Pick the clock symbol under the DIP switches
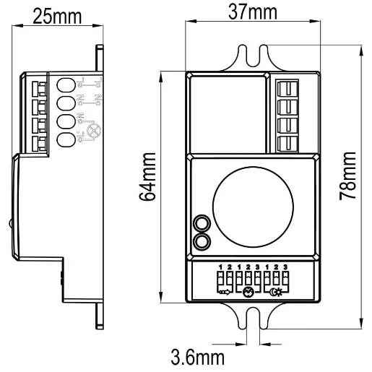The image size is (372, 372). [x=248, y=293]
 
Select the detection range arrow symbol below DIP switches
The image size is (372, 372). [x=225, y=293]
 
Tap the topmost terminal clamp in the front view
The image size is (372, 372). [x=289, y=91]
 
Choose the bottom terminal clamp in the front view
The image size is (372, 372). [x=289, y=142]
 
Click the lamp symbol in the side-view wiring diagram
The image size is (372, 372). [x=92, y=131]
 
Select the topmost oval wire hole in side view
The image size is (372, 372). [x=66, y=85]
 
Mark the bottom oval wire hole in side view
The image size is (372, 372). [x=66, y=139]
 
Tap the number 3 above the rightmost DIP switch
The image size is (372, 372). [x=286, y=268]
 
